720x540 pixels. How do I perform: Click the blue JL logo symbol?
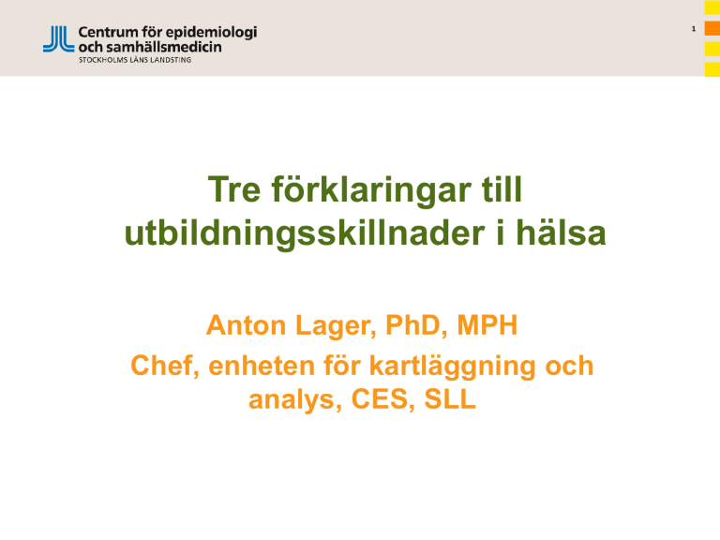pyautogui.click(x=59, y=38)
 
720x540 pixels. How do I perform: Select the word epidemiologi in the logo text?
pyautogui.click(x=211, y=34)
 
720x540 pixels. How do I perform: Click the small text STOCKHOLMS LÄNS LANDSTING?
pyautogui.click(x=135, y=60)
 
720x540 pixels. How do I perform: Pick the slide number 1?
pyautogui.click(x=694, y=29)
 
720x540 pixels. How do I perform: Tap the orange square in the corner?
pyautogui.click(x=712, y=28)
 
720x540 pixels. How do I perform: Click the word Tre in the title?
pyautogui.click(x=234, y=189)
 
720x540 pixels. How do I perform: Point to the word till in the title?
pyautogui.click(x=502, y=188)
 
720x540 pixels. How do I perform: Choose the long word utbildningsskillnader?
pyautogui.click(x=305, y=233)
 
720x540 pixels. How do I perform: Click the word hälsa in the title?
pyautogui.click(x=561, y=232)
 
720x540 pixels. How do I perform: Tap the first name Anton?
pyautogui.click(x=247, y=325)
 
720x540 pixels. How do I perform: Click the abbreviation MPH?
pyautogui.click(x=487, y=325)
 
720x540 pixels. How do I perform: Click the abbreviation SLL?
pyautogui.click(x=450, y=399)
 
